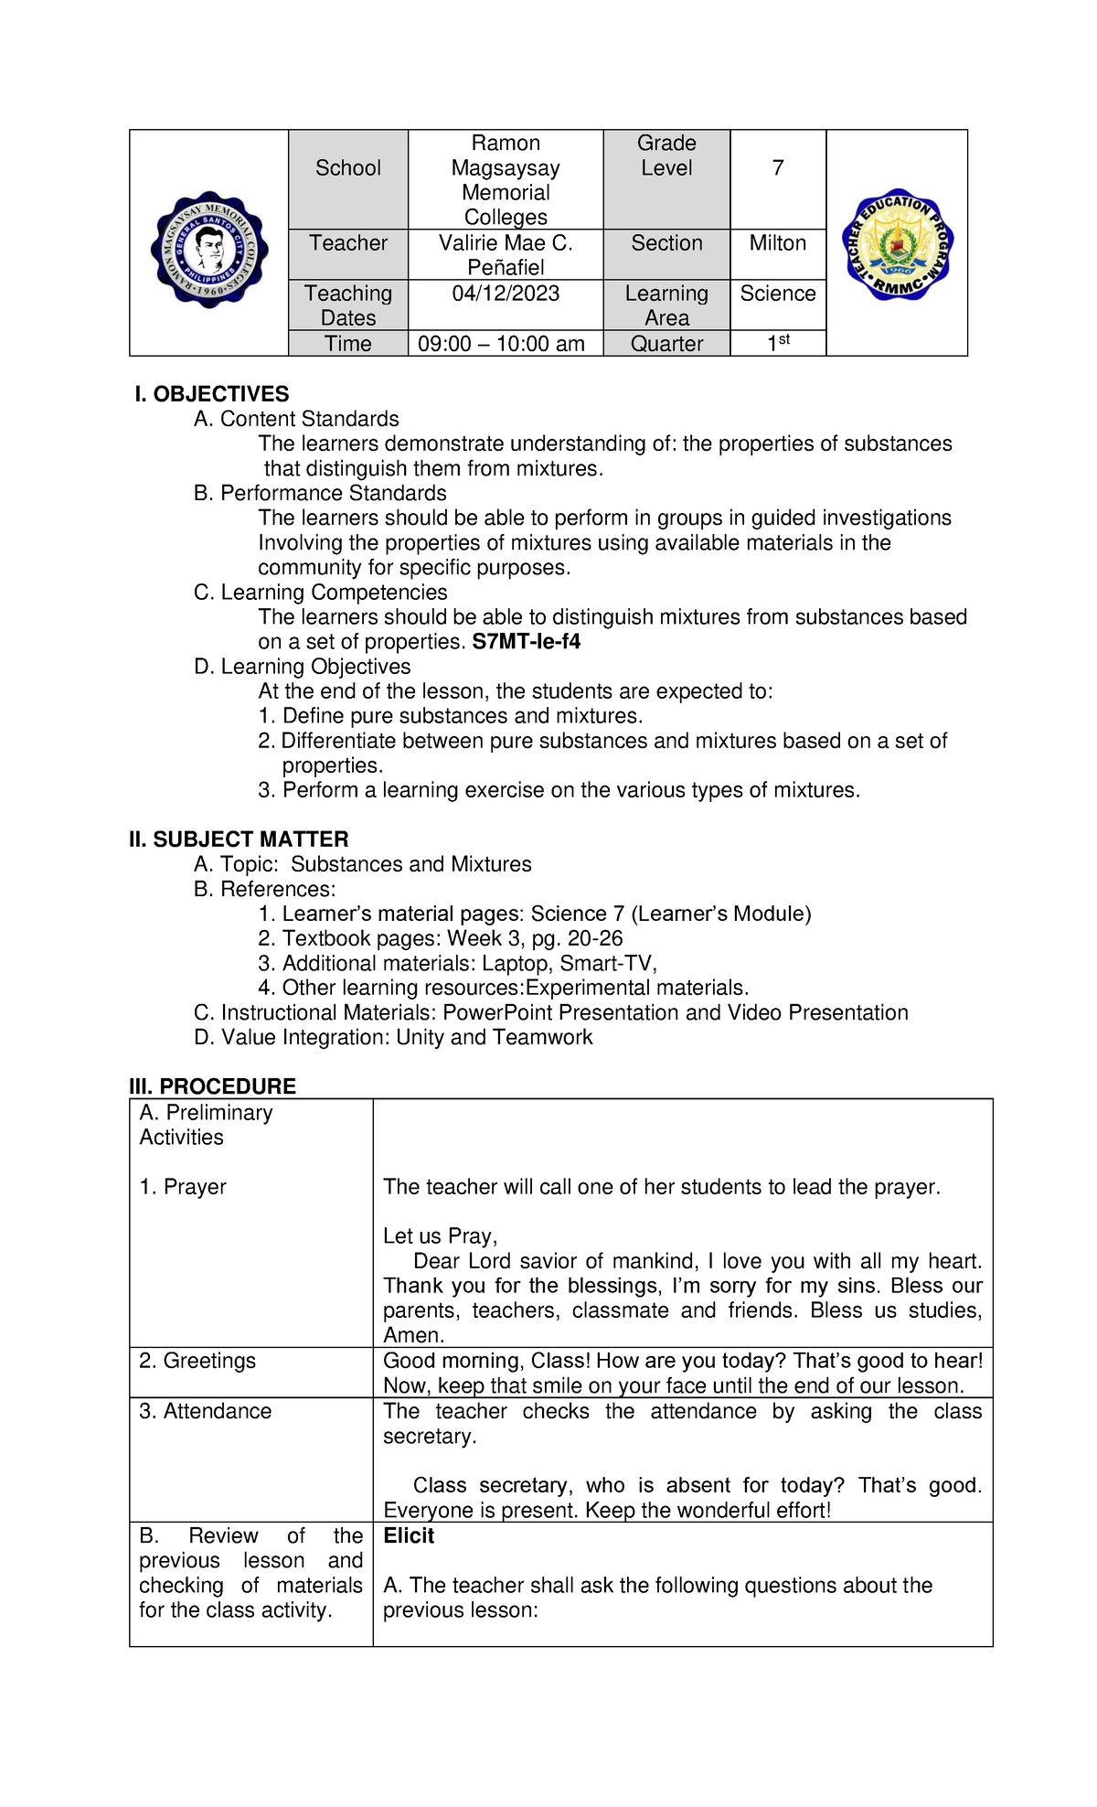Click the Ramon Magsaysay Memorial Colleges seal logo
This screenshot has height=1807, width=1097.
point(209,250)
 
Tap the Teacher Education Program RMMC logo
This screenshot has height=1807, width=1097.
point(897,245)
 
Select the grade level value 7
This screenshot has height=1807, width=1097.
point(777,168)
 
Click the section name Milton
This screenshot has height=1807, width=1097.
point(777,243)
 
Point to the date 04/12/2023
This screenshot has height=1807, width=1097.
point(506,294)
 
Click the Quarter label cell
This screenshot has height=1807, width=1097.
point(666,344)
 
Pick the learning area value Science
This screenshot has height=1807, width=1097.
point(777,294)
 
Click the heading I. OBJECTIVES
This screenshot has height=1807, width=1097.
point(211,394)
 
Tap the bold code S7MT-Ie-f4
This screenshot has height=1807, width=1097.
point(526,641)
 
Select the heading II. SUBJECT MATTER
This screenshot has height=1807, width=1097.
point(239,839)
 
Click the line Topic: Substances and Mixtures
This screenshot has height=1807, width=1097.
point(363,864)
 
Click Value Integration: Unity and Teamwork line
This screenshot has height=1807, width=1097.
point(393,1037)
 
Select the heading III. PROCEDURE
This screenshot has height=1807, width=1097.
point(213,1086)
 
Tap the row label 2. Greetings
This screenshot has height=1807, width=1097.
point(197,1361)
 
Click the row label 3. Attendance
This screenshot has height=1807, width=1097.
point(205,1411)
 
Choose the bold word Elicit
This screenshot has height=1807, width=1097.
point(409,1535)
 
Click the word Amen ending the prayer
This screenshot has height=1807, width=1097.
point(412,1335)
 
